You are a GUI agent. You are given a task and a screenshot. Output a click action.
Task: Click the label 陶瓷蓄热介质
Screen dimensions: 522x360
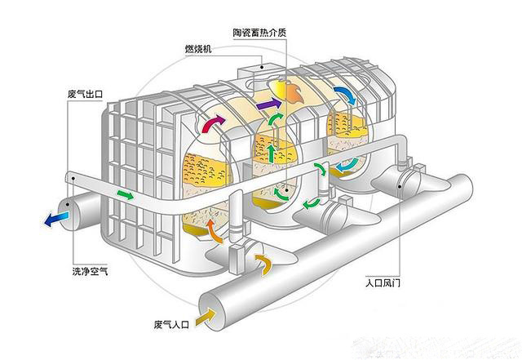tap(259, 33)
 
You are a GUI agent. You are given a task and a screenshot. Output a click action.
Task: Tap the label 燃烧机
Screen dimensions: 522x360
tap(198, 49)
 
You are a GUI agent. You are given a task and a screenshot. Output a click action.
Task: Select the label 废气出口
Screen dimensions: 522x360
tap(85, 94)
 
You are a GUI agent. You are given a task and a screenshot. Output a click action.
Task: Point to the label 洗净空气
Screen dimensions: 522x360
tap(90, 271)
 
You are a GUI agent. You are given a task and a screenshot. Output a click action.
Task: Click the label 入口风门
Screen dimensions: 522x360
tap(383, 283)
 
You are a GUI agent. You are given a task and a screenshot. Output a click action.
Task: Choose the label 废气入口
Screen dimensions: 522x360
tap(171, 324)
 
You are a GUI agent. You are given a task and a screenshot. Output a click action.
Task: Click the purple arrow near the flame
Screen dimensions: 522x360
tap(269, 104)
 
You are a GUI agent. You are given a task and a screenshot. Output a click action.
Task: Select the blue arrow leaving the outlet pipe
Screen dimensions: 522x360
tap(56, 220)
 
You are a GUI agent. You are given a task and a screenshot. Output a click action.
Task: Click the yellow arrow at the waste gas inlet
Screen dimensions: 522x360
tap(206, 317)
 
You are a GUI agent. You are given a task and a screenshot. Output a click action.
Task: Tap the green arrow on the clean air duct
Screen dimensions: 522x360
tap(125, 194)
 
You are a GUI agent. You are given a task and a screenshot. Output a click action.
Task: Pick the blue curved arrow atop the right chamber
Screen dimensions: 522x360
tap(346, 95)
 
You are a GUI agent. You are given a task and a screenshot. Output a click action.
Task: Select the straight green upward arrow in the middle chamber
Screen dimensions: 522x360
tap(272, 153)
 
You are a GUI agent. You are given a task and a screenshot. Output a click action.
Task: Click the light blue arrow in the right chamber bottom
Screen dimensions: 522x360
tap(347, 164)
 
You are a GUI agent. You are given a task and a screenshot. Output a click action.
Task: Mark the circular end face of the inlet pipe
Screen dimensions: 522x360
tap(212, 312)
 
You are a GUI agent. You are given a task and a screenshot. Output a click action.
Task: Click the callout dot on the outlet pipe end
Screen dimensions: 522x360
tap(68, 204)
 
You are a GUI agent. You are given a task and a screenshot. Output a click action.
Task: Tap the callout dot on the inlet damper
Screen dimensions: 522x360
tap(400, 187)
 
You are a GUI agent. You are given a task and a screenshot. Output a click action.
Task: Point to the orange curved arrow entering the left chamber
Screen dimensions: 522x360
tap(213, 231)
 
